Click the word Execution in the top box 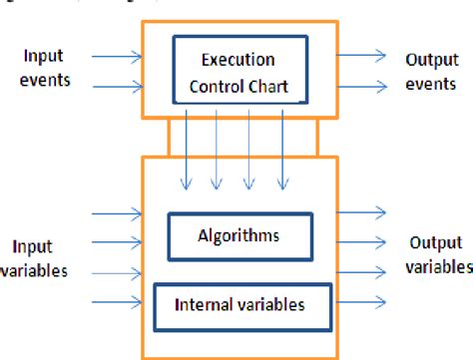(x=237, y=60)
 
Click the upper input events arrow (x=112, y=55)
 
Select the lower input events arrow (x=112, y=86)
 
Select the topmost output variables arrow (x=362, y=211)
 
